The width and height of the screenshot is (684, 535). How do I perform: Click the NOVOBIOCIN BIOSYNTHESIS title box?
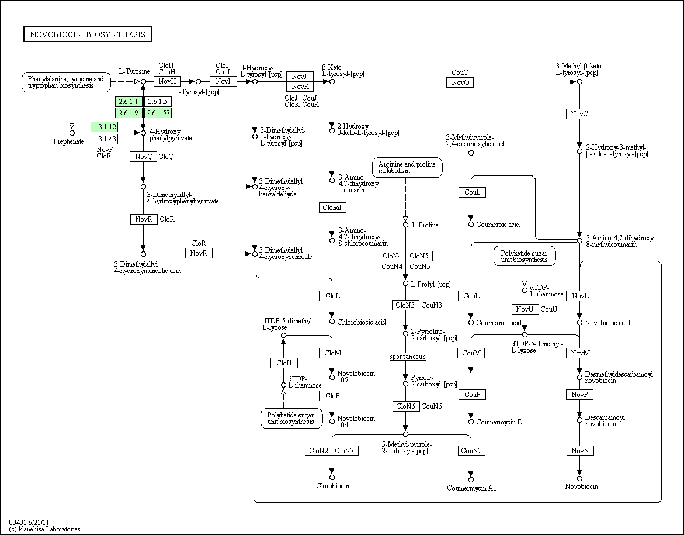coord(88,34)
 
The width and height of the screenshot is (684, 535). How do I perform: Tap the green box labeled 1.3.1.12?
coord(104,126)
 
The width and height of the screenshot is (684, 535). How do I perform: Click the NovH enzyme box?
coord(167,81)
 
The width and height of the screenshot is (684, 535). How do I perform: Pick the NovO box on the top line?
coord(460,82)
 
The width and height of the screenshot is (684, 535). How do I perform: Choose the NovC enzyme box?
coord(579,114)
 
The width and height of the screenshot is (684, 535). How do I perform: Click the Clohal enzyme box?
coord(332,208)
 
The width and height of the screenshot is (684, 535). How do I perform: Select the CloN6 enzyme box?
coord(405,406)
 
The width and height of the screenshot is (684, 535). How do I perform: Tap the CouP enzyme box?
coord(471,395)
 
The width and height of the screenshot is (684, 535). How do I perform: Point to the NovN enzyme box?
coord(579,451)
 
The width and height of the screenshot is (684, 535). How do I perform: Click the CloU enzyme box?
coord(284,363)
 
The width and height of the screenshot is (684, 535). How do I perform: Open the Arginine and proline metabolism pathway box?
coord(407,168)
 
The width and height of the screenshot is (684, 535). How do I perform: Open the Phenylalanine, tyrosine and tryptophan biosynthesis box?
coord(66,82)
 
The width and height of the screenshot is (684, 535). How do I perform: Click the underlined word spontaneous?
coord(408,357)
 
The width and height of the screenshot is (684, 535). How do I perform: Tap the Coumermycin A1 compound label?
coord(471,488)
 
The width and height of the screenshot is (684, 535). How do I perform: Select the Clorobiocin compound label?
coord(332,486)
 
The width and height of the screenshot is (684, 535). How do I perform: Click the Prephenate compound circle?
coord(72,133)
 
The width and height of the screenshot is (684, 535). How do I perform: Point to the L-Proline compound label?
coord(425,225)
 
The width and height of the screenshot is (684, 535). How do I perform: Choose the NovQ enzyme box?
coord(143,157)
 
